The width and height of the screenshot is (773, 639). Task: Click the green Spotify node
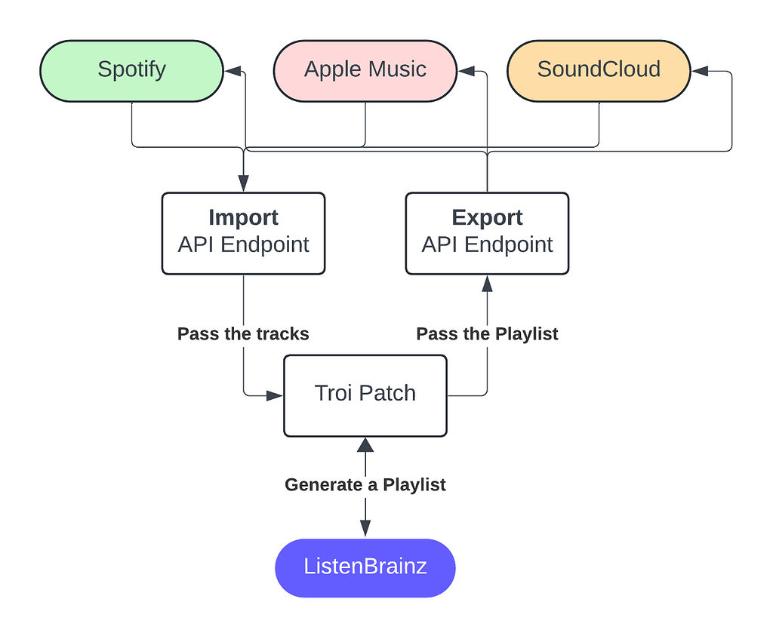tap(131, 71)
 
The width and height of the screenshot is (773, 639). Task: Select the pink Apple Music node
tap(365, 71)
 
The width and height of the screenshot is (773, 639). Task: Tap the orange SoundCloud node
tap(599, 71)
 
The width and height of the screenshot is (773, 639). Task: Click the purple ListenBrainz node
tap(365, 567)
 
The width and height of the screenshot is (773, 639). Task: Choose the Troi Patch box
tap(365, 395)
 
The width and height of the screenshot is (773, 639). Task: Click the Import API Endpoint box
tap(243, 233)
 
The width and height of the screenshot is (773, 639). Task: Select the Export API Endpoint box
tap(487, 233)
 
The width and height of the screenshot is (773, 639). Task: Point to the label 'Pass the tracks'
tap(243, 334)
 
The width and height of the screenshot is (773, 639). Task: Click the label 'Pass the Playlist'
tap(487, 334)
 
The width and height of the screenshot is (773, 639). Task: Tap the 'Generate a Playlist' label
tap(365, 485)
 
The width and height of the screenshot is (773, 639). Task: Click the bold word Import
tap(243, 218)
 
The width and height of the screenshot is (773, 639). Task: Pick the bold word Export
tap(487, 218)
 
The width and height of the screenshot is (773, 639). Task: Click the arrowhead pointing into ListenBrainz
tap(365, 529)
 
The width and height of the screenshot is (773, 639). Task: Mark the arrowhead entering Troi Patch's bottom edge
tap(365, 445)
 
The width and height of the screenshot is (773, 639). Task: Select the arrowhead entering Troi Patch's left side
tap(275, 395)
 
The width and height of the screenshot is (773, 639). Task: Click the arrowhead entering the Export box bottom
tap(487, 284)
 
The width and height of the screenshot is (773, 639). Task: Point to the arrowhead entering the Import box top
tap(243, 183)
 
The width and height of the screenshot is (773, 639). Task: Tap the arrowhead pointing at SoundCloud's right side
tap(700, 71)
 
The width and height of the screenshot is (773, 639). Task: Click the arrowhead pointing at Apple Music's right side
tap(466, 71)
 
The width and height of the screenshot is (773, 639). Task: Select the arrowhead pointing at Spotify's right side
tap(233, 71)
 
